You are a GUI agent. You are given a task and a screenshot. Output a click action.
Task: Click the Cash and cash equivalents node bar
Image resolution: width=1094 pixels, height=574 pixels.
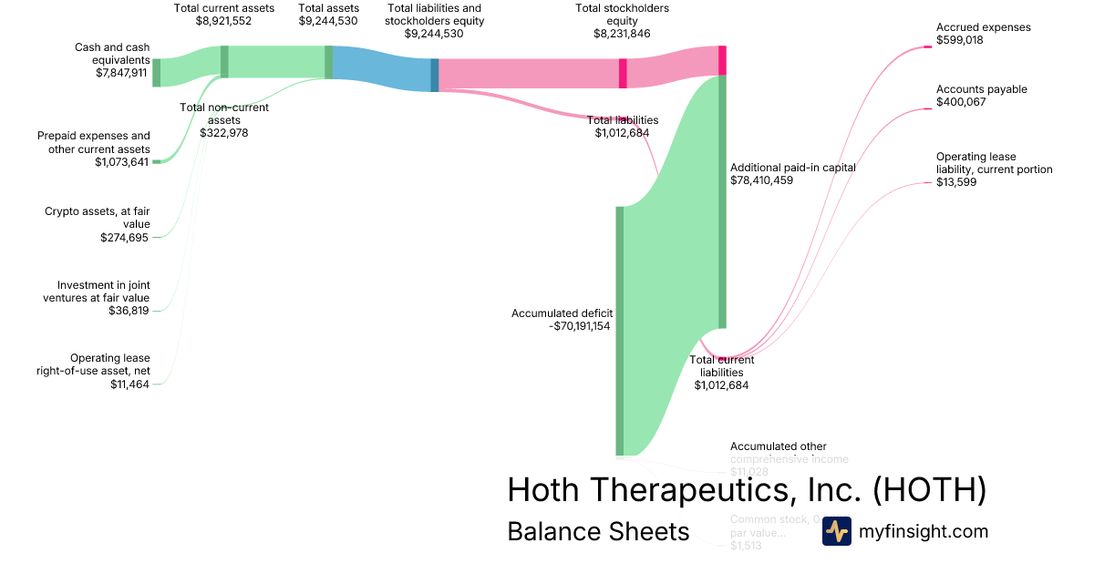click(156, 72)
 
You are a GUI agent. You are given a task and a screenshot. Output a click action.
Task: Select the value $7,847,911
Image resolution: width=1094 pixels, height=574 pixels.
click(121, 73)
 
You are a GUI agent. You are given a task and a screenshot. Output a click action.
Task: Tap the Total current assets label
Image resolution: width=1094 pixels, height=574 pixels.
click(223, 8)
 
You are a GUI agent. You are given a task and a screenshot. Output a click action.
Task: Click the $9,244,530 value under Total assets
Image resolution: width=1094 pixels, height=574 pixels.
click(328, 21)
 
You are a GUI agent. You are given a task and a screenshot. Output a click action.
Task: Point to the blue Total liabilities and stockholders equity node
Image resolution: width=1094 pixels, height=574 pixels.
click(435, 75)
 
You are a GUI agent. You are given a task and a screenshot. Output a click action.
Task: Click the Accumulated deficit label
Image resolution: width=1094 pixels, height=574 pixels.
click(562, 313)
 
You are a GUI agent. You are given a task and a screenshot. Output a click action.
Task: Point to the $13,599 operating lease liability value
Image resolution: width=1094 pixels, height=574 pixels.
click(955, 182)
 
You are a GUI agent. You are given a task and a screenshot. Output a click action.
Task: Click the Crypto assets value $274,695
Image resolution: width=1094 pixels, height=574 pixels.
click(125, 237)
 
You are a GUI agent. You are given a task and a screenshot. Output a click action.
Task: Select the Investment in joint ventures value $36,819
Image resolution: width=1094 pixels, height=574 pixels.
click(129, 311)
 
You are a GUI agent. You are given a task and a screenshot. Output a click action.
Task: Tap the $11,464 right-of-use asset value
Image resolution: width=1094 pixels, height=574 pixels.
click(129, 384)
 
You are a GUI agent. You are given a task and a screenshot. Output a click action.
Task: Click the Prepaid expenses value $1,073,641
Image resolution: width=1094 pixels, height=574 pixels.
click(121, 162)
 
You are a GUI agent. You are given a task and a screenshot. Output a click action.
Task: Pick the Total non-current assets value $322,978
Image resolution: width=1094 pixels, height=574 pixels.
click(223, 132)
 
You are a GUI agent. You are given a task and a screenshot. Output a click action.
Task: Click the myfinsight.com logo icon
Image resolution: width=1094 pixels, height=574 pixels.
click(836, 531)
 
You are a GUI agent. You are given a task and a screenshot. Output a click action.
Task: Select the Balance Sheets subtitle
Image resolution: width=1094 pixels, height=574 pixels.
click(598, 531)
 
